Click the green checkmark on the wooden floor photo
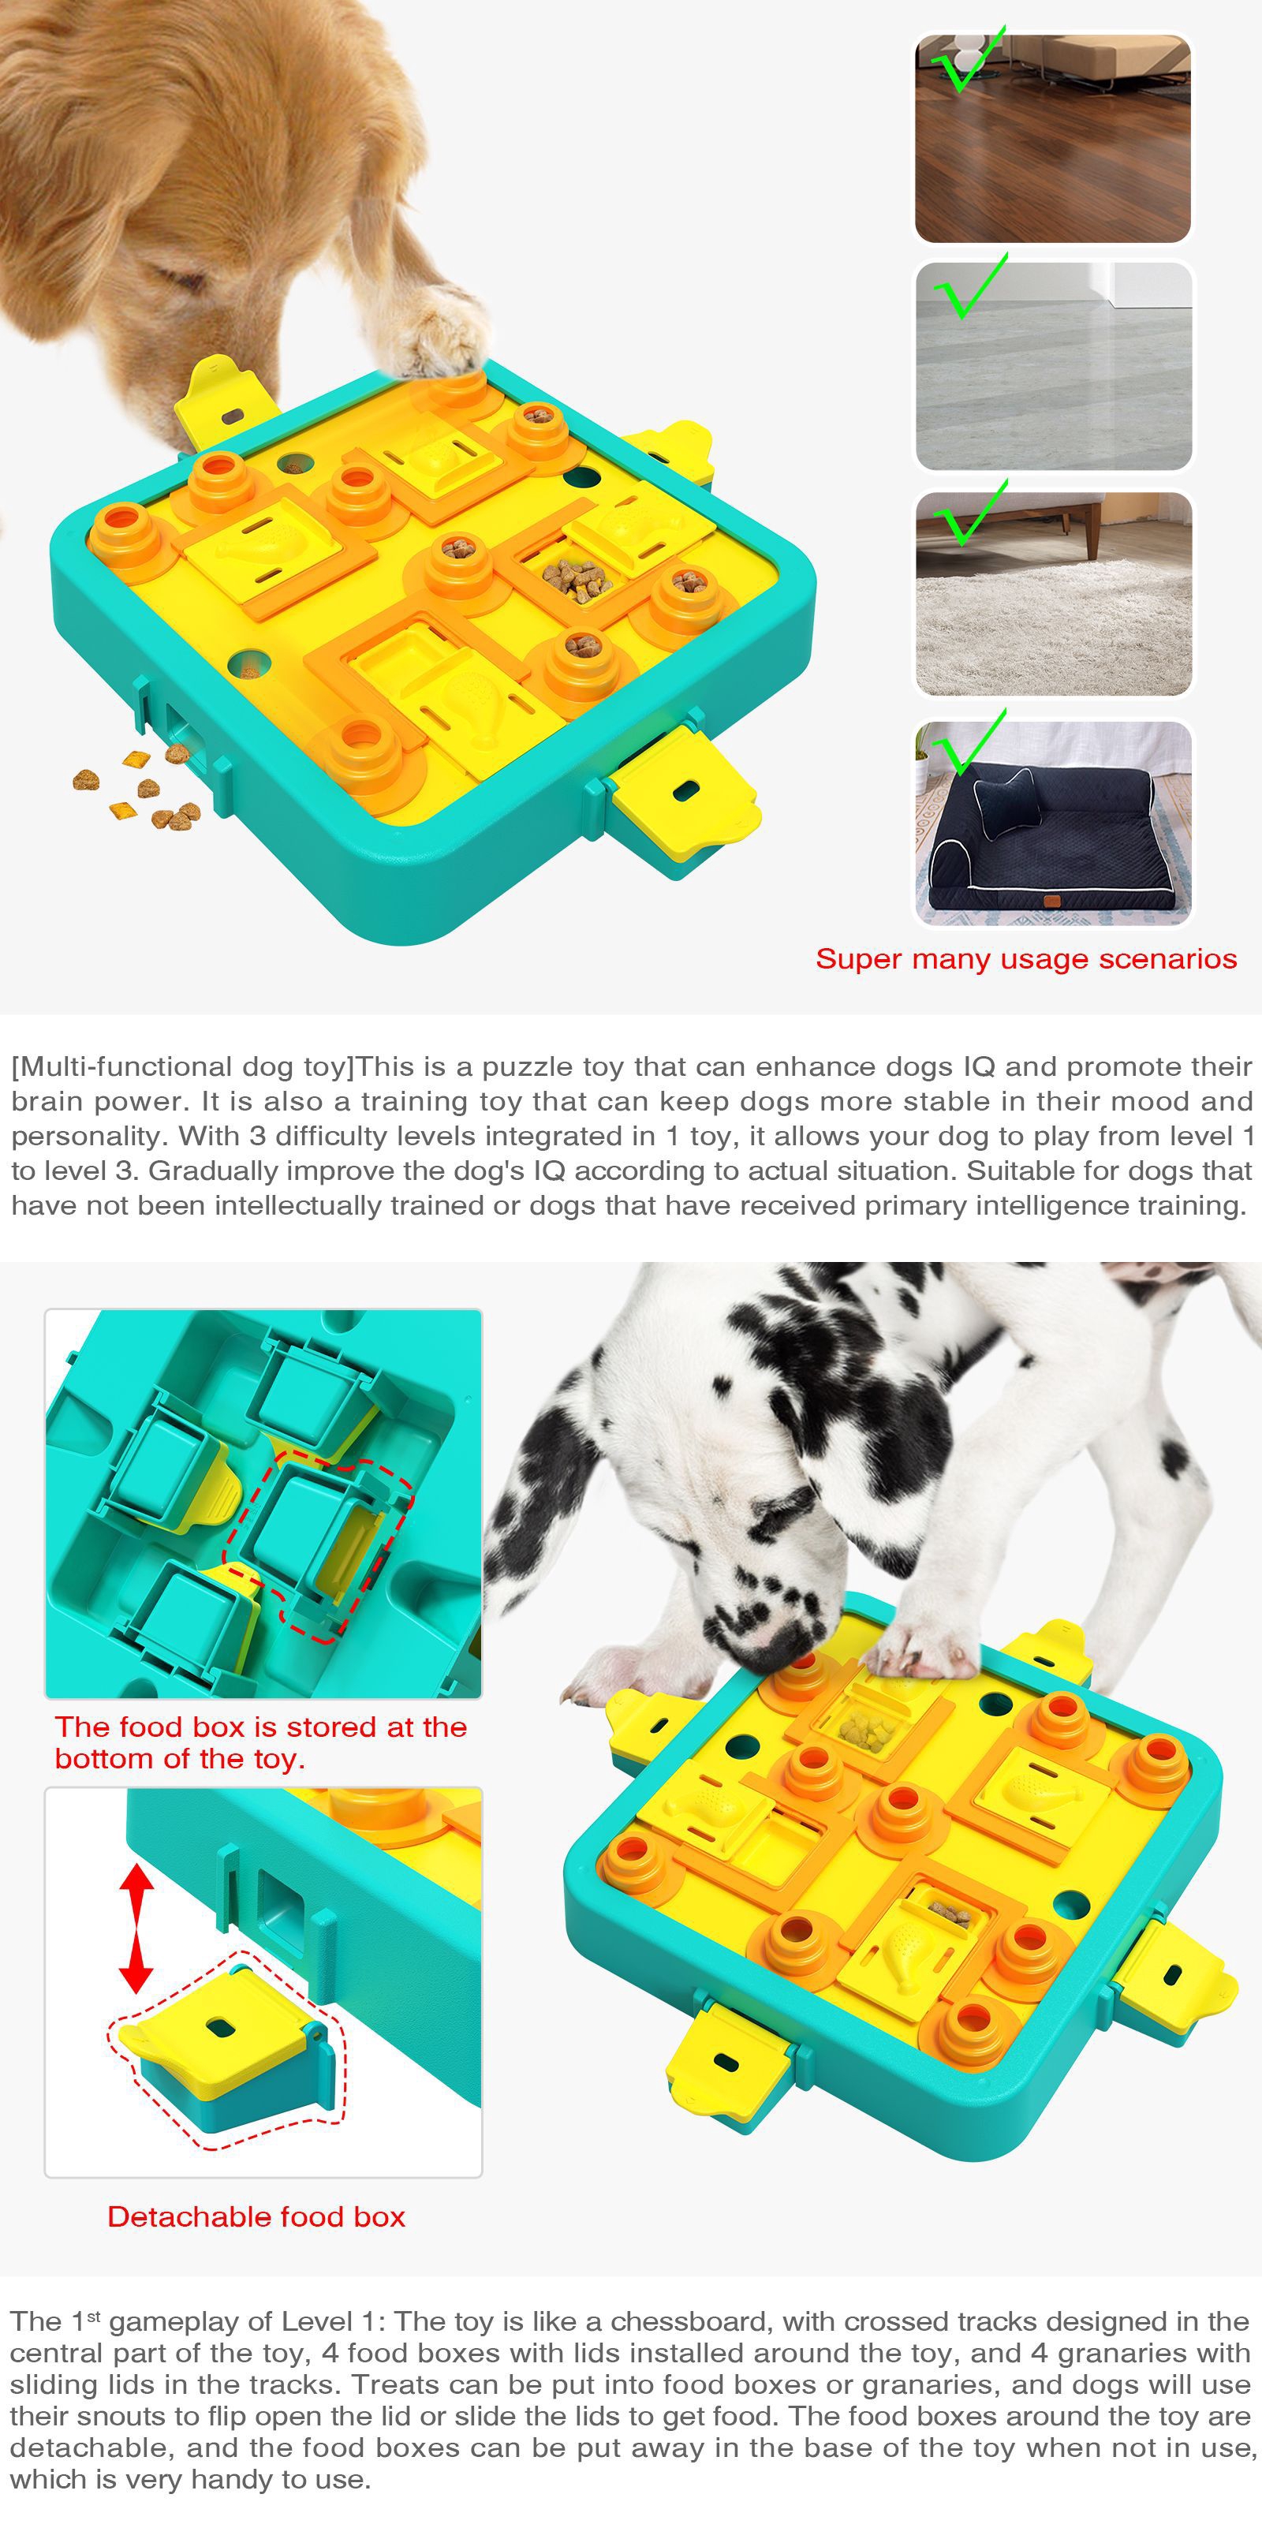tap(965, 61)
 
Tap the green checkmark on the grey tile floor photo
tap(968, 286)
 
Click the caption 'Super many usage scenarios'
tap(1026, 958)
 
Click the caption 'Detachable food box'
tap(256, 2216)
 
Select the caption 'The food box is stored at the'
tap(260, 1727)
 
